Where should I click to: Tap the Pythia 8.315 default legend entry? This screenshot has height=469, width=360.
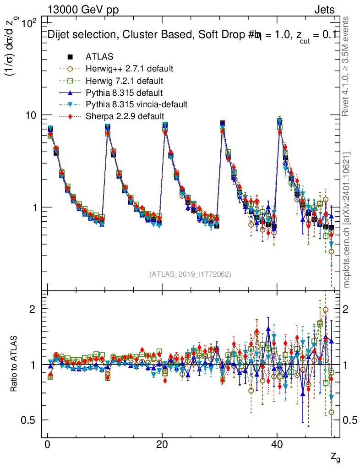(x=124, y=93)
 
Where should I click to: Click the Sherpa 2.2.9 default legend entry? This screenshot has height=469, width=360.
(x=125, y=116)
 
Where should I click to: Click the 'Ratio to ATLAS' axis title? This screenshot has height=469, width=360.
(x=15, y=365)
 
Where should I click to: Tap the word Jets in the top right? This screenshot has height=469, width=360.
(x=324, y=10)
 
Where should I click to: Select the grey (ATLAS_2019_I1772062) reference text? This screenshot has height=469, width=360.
(x=190, y=274)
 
